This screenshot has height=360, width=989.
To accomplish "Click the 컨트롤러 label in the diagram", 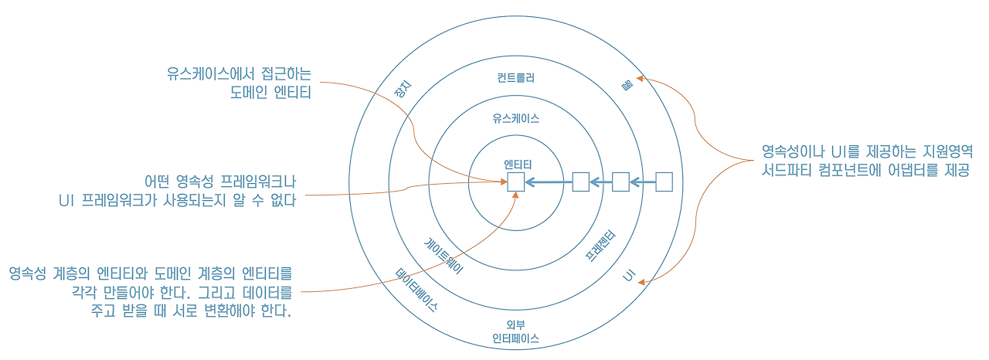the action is click(x=515, y=78).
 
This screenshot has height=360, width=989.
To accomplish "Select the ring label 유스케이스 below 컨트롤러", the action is click(x=515, y=118).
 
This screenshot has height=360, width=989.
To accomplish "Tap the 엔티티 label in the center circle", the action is click(x=518, y=165).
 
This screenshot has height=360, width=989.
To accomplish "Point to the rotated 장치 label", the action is click(x=403, y=89).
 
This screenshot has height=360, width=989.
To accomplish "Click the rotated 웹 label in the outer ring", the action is click(x=627, y=85).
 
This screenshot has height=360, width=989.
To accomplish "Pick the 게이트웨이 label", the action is click(x=444, y=256).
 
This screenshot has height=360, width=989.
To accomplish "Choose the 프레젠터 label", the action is click(x=600, y=246).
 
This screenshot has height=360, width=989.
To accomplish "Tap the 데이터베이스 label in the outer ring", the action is click(x=416, y=290).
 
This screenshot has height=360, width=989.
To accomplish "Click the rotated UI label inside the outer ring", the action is click(x=629, y=276).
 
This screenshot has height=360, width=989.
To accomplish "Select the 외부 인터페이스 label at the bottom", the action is click(x=515, y=331).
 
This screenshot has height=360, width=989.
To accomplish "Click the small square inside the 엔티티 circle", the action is click(x=515, y=182).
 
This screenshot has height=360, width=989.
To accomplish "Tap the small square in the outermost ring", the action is click(x=664, y=182).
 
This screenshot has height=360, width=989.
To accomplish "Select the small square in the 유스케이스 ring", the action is click(x=580, y=182).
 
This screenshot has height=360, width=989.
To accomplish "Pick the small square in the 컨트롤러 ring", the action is click(x=620, y=182).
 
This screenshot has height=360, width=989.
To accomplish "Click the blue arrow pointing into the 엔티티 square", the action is click(x=549, y=182).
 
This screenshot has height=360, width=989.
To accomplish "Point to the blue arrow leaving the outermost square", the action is click(x=642, y=182).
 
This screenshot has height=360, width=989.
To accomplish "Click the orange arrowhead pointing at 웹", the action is click(x=640, y=79).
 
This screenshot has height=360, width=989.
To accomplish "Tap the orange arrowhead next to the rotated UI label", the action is click(x=641, y=282).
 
